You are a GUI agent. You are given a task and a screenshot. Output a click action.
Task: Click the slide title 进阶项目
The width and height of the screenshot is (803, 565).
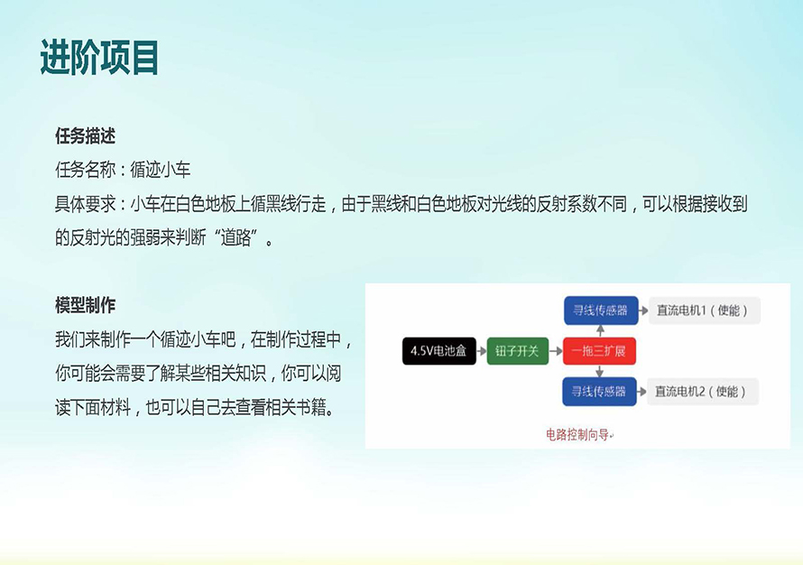(x=99, y=57)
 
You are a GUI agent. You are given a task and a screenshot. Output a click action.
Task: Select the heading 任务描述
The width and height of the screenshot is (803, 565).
(x=85, y=136)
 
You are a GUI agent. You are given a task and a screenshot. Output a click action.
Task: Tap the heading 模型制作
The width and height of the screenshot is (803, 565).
(x=85, y=305)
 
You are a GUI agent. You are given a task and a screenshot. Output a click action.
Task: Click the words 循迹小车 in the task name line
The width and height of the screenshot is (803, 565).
(x=161, y=170)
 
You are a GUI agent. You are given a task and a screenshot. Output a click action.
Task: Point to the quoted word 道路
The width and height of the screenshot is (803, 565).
(x=235, y=237)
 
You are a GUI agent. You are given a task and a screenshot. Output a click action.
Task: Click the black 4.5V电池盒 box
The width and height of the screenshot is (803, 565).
(x=438, y=351)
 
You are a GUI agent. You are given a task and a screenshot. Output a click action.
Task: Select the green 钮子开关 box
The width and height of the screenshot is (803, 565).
(x=517, y=351)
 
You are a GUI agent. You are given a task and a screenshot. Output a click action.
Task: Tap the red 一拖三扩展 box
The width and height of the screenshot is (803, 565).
(x=599, y=351)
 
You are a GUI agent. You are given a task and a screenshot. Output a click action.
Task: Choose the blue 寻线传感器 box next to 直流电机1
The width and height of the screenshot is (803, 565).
(x=601, y=310)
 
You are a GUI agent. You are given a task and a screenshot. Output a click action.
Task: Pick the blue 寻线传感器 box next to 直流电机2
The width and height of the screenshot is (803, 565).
(x=599, y=392)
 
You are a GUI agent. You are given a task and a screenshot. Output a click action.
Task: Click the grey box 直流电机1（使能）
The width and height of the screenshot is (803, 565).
(x=704, y=310)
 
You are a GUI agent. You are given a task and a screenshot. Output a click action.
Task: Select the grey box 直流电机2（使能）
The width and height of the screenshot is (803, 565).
(x=702, y=392)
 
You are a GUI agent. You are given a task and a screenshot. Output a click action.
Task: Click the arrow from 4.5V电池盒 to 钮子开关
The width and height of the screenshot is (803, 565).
(x=482, y=351)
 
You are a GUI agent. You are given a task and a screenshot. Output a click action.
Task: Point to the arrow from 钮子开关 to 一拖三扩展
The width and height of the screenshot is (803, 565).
(x=556, y=351)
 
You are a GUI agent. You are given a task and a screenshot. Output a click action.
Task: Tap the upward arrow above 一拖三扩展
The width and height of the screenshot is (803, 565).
(x=600, y=331)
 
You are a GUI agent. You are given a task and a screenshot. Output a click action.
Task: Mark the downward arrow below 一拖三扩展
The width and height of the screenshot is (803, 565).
(x=600, y=371)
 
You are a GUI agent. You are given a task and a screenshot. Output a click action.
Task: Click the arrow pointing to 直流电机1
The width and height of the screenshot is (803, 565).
(x=643, y=310)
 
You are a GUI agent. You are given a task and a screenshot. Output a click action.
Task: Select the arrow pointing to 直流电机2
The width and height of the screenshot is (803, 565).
(x=641, y=392)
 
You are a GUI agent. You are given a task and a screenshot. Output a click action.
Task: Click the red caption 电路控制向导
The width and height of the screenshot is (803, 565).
(x=577, y=435)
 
